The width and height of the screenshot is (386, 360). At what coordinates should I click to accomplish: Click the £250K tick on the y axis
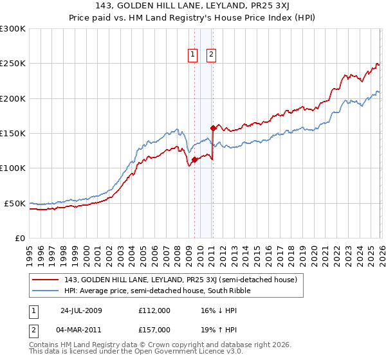(14, 64)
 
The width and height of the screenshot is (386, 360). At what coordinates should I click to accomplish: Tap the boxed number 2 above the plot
(211, 55)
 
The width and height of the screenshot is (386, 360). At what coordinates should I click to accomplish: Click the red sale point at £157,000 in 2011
(213, 129)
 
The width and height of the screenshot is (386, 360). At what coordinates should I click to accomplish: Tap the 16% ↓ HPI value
(212, 310)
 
